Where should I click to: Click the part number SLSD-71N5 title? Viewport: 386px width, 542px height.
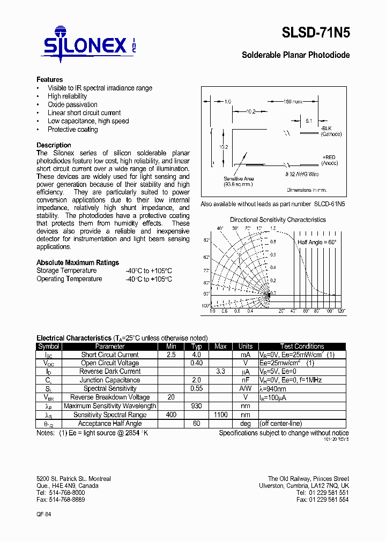pos(316,33)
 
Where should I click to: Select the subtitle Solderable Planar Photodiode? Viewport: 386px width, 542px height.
pos(295,55)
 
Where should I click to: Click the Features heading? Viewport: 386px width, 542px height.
pos(49,79)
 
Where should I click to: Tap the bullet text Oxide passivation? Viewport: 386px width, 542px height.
pos(72,104)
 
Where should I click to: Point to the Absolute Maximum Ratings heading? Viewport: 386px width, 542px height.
pos(78,262)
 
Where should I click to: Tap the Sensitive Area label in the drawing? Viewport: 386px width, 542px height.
pos(239,182)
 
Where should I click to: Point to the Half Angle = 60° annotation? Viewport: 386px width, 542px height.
pos(317,242)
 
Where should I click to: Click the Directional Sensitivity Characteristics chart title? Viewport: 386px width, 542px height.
pos(278,220)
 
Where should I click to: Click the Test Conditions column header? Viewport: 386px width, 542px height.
pos(302,347)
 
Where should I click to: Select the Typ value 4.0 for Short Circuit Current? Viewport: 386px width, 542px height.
pos(196,355)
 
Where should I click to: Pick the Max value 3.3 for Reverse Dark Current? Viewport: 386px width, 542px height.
pos(220,372)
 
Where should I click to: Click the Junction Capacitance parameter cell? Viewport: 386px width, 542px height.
pos(110,380)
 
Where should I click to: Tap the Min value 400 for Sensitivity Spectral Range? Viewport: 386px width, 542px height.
pos(171,415)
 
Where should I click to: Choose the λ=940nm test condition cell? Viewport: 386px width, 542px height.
pos(273,389)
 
